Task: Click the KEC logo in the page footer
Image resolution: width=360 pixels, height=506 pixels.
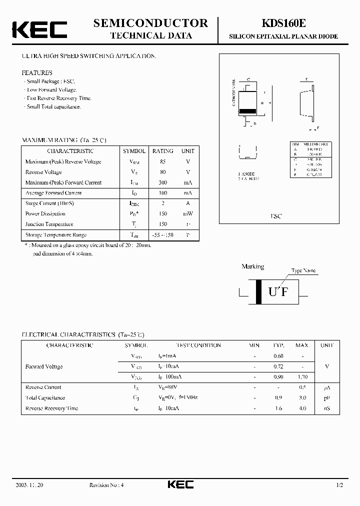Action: click(x=180, y=484)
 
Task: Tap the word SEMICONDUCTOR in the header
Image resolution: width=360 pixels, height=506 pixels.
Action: click(x=150, y=23)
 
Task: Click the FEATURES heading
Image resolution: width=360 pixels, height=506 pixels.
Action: click(x=37, y=72)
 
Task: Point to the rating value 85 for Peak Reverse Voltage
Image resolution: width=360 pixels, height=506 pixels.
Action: click(x=162, y=161)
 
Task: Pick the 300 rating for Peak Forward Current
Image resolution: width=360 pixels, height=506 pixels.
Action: click(x=162, y=182)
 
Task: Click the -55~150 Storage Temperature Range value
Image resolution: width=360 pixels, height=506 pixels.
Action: click(x=162, y=235)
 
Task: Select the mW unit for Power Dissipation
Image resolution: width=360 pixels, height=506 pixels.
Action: click(x=188, y=214)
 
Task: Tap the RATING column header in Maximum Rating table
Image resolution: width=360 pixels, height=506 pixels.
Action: click(x=162, y=151)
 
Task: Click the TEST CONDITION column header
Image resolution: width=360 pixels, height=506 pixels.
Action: click(x=198, y=345)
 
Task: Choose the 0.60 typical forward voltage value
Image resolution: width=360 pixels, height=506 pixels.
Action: click(x=278, y=356)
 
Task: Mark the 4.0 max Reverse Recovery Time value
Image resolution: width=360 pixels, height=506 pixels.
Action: click(x=302, y=408)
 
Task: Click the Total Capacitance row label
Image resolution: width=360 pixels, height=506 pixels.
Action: click(x=45, y=398)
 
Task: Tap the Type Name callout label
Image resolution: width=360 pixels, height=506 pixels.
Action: click(x=303, y=270)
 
